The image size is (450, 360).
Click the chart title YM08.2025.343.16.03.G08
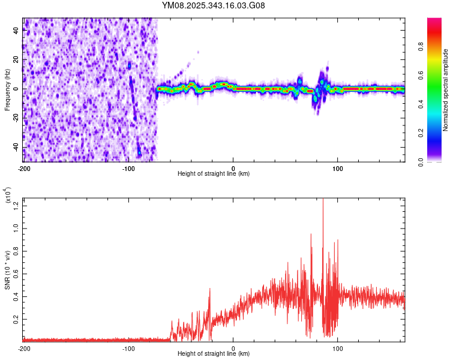(214, 5)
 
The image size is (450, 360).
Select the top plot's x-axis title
(214, 173)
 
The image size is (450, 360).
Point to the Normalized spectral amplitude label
(445, 90)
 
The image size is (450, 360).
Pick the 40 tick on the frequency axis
(16, 31)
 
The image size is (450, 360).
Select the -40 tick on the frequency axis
(14, 147)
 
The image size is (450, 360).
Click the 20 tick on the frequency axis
(16, 60)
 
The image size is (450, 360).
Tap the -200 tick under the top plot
(23, 167)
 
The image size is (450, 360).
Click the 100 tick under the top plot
(338, 167)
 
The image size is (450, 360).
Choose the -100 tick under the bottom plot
(128, 347)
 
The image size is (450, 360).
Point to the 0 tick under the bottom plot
(233, 347)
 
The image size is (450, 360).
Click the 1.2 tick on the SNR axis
(14, 206)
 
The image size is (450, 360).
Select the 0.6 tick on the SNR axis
(14, 274)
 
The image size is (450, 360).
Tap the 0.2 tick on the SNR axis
(14, 320)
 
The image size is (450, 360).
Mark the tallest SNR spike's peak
(323, 199)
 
